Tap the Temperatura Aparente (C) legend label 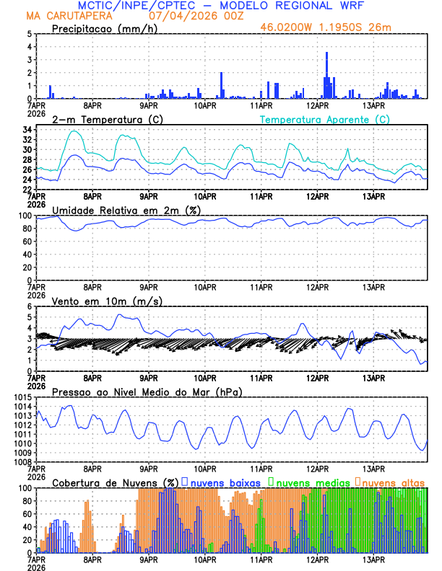[325, 119]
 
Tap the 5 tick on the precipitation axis [30, 34]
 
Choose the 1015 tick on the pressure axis [22, 397]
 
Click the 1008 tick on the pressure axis [22, 461]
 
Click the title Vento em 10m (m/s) [107, 301]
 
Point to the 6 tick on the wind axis [30, 306]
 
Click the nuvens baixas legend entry [224, 482]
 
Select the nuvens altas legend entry [392, 482]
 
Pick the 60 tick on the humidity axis [27, 242]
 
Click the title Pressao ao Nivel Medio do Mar [147, 391]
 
